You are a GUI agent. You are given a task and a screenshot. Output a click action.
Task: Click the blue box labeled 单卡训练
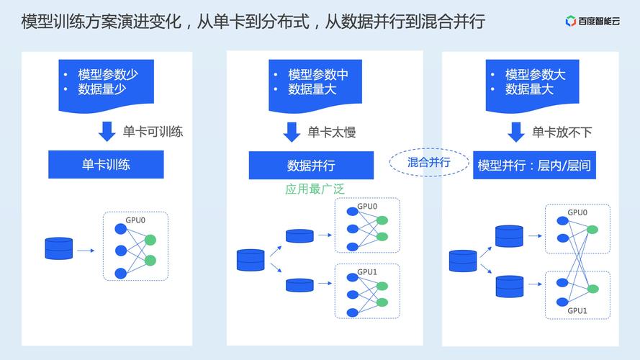click(106, 164)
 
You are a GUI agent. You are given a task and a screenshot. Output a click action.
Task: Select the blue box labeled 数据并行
click(311, 166)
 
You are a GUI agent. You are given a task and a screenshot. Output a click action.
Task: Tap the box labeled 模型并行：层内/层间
click(534, 166)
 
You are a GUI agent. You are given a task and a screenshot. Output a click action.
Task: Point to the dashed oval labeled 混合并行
click(428, 162)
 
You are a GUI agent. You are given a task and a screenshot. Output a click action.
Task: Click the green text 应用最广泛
click(315, 189)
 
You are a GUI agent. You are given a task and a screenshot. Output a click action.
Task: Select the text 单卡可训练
click(153, 132)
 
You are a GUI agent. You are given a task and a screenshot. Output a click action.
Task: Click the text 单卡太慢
click(332, 132)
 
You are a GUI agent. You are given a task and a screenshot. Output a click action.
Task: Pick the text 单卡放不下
click(562, 132)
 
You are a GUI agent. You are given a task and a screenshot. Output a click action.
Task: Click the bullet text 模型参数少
click(108, 74)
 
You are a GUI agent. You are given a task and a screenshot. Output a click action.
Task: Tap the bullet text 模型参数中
click(318, 74)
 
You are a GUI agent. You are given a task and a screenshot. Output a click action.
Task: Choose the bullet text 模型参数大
click(535, 74)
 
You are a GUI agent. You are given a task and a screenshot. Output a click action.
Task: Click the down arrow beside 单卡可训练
click(107, 132)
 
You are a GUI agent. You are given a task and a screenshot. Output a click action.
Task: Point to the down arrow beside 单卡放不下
click(515, 132)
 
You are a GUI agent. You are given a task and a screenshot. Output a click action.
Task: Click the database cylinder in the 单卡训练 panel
click(59, 248)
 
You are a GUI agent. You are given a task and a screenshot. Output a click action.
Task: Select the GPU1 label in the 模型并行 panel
click(577, 310)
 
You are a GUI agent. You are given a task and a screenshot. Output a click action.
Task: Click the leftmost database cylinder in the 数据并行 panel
click(251, 260)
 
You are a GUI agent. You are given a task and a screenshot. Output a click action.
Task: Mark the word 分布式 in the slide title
click(283, 22)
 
